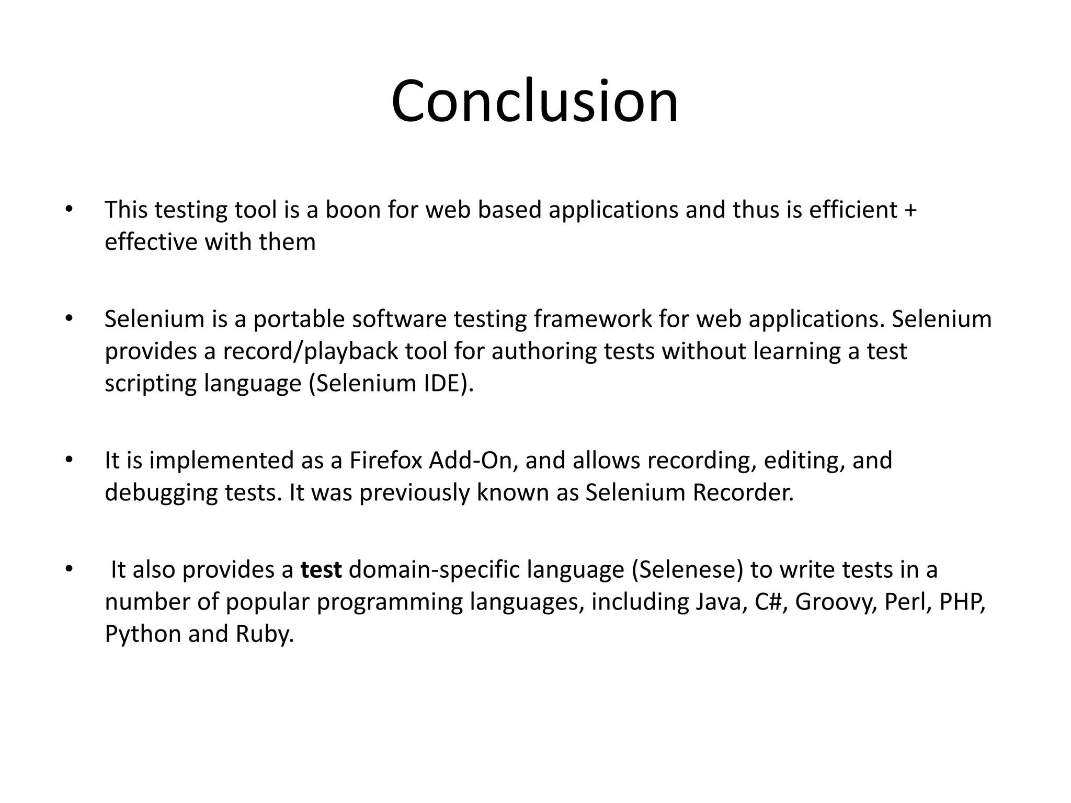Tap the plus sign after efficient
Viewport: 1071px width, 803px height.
click(910, 210)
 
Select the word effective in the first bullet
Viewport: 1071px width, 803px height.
click(151, 242)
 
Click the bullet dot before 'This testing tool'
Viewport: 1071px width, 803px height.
click(69, 209)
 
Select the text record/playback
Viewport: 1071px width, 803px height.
click(311, 351)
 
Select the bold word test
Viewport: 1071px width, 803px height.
click(321, 570)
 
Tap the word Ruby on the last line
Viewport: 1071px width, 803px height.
click(264, 634)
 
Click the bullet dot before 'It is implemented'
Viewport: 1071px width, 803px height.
click(69, 460)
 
